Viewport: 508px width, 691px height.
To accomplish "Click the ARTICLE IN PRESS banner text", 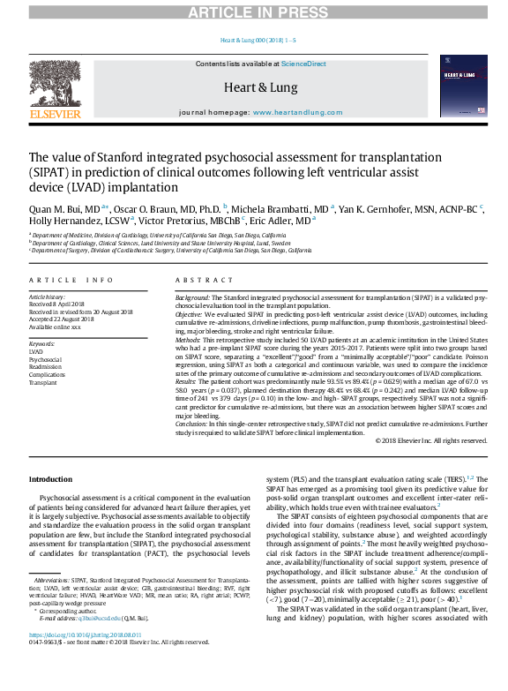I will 255,11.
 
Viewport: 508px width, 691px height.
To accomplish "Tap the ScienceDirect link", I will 303,64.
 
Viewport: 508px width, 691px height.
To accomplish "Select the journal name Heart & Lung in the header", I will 253,86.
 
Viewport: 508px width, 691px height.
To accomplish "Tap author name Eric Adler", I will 290,221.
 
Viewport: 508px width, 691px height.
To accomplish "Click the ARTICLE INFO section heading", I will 71,280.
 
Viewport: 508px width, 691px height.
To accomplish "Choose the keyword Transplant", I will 43,384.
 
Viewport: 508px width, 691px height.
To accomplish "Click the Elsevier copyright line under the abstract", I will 430,439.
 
